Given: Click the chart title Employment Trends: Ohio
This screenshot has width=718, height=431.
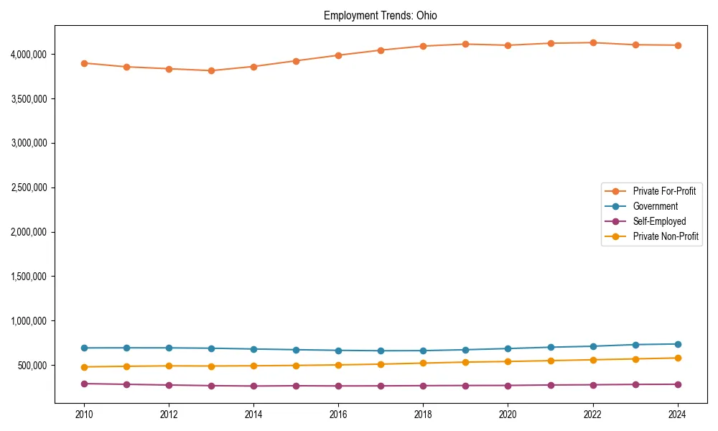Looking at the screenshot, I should pos(381,16).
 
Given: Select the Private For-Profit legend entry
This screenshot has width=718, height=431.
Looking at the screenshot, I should pos(664,191).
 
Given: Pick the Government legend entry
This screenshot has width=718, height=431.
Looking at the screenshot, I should pos(655,206).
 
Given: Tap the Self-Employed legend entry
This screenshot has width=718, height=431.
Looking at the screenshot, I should pos(659,221).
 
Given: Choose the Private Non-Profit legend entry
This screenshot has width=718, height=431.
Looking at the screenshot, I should pos(666,236).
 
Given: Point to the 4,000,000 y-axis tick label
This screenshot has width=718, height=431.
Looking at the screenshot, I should pos(29,54).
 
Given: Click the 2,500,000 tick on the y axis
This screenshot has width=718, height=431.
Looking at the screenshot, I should pos(29,187).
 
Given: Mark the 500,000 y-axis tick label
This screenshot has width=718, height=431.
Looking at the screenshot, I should pos(32,365).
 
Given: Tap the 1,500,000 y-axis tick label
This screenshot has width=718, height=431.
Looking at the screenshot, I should pos(29,277).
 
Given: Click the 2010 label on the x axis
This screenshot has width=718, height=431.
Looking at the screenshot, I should pos(84,414).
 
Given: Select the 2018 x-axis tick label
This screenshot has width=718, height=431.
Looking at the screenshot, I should pos(423,414).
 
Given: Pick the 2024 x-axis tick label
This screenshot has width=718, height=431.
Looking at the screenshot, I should pos(677,414).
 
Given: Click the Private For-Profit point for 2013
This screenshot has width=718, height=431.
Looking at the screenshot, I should pos(211,70).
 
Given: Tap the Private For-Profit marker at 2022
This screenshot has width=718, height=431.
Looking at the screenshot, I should pos(592,42).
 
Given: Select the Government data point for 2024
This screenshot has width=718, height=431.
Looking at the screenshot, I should pos(677,344).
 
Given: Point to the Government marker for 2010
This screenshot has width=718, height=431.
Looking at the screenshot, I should pos(84,348).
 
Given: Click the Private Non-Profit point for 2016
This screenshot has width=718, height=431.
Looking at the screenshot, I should pos(338,365).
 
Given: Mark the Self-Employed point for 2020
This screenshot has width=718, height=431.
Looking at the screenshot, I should pos(508,386).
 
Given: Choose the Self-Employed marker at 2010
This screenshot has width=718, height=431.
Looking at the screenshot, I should pos(84,384).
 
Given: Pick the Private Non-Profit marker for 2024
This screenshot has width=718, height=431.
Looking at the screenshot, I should pos(677,358).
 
